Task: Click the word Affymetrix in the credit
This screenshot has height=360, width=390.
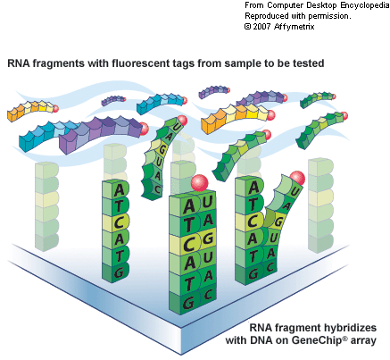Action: tap(294, 27)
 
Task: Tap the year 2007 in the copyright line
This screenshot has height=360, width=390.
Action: tap(261, 27)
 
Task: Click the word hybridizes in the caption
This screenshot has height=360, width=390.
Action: tap(351, 328)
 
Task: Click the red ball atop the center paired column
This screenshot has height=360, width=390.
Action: tap(200, 182)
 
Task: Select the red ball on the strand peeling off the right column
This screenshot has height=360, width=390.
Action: tap(297, 178)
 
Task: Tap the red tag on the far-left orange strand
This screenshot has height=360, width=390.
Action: tap(55, 109)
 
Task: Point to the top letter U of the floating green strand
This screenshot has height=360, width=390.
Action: tap(176, 127)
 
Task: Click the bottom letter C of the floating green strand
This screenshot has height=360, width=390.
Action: tap(157, 188)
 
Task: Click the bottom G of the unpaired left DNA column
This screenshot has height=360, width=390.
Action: tap(119, 272)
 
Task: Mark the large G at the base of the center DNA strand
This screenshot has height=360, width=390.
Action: tap(188, 303)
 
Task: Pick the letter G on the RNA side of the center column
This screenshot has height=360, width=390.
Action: tap(208, 239)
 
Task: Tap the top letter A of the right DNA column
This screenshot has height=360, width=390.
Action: tap(253, 188)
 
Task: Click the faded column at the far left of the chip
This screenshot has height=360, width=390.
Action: tap(46, 206)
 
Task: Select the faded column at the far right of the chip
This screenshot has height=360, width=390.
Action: tap(320, 205)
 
